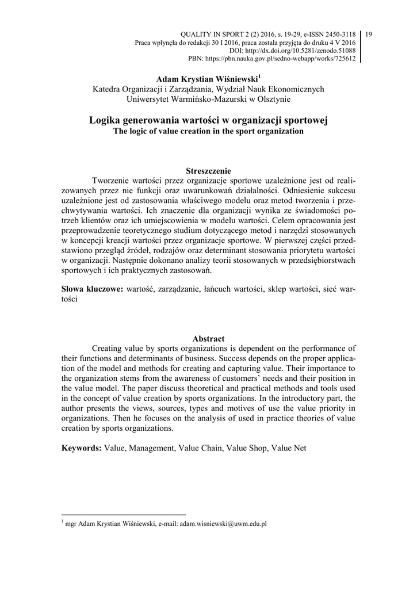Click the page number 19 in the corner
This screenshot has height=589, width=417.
pyautogui.click(x=369, y=35)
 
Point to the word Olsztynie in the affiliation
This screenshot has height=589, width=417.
pyautogui.click(x=274, y=98)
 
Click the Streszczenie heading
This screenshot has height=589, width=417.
pyautogui.click(x=209, y=170)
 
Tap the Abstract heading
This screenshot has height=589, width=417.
pyautogui.click(x=209, y=338)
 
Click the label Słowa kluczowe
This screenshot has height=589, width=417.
pyautogui.click(x=92, y=289)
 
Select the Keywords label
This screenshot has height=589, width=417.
pyautogui.click(x=82, y=447)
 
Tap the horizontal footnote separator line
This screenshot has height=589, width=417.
pyautogui.click(x=124, y=515)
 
